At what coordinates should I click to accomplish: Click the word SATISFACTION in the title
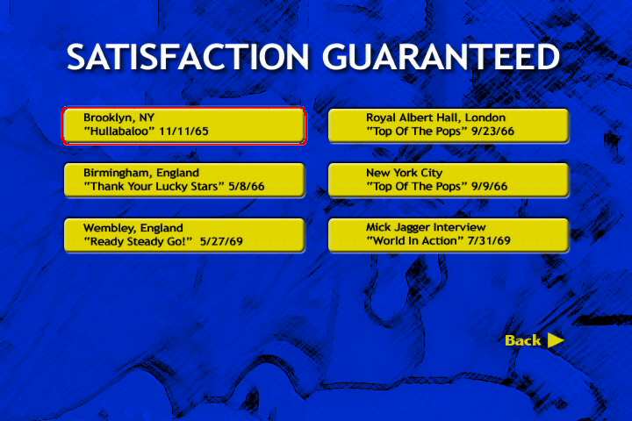188,56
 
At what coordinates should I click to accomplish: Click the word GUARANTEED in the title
442,56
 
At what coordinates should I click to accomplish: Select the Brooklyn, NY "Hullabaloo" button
184,125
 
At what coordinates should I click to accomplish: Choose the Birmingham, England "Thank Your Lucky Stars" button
184,180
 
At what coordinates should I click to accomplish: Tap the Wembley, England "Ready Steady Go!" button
184,235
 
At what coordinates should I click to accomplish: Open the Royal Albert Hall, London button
449,125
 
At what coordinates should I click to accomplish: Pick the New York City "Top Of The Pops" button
449,180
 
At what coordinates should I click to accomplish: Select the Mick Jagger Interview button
449,235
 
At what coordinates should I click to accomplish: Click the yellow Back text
523,340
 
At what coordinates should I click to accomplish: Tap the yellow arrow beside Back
556,340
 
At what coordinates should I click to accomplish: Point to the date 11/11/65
183,132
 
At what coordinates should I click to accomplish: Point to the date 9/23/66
492,132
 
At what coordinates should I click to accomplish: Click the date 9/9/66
489,187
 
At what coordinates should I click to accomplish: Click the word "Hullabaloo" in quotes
119,132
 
